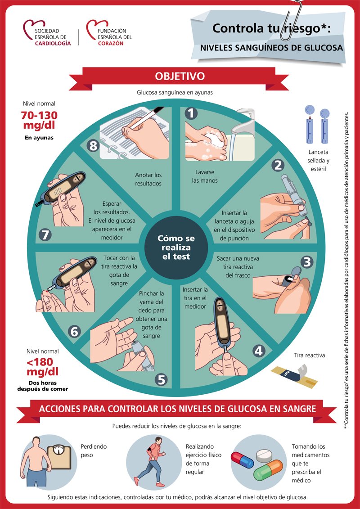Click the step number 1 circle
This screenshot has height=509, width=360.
[x=192, y=113]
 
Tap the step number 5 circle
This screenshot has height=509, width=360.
[x=162, y=380]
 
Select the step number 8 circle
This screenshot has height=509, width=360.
[x=93, y=145]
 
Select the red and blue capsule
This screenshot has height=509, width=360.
[x=243, y=460]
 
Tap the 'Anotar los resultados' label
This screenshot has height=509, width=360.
[x=148, y=179]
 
